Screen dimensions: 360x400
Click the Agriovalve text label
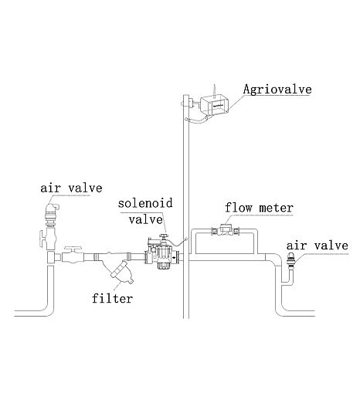[x=277, y=90]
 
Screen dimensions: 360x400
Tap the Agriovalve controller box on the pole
[x=215, y=105]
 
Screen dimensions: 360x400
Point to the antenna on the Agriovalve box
[x=214, y=90]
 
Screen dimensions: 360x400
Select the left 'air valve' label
[x=71, y=188]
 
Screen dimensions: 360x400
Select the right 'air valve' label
[x=318, y=246]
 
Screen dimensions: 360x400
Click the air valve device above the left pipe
[x=52, y=215]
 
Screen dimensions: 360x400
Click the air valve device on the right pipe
[x=291, y=260]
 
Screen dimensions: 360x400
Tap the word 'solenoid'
[x=145, y=203]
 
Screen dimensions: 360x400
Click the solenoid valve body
[x=162, y=254]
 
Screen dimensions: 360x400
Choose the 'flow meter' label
[x=259, y=208]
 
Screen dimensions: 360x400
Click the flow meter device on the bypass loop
[x=226, y=230]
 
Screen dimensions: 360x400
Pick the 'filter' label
[x=113, y=299]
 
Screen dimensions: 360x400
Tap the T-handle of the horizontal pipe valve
[x=73, y=249]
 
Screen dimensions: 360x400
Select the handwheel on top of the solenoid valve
[x=163, y=236]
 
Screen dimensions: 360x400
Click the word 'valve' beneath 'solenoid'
[x=146, y=220]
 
